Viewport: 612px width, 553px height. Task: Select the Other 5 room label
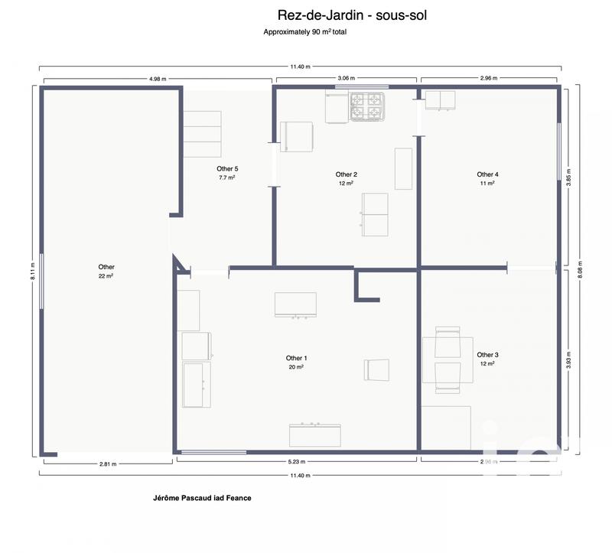point(227,168)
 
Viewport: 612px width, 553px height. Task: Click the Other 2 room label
point(346,174)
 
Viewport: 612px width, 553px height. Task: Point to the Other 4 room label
point(487,174)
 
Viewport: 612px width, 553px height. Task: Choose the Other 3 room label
point(487,355)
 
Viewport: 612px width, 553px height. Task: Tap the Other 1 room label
point(296,358)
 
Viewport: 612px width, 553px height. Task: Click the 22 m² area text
point(106,276)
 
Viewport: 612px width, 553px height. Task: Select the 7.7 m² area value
point(226,177)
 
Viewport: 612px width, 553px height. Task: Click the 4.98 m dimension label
point(158,79)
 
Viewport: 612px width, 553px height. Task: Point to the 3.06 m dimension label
point(347,79)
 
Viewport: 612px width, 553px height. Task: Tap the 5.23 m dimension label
point(298,463)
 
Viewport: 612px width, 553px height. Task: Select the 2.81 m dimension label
point(108,463)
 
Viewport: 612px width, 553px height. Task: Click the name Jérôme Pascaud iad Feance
point(203,498)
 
